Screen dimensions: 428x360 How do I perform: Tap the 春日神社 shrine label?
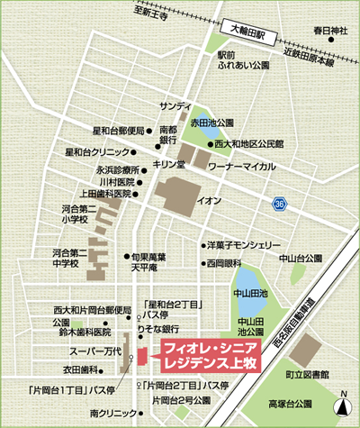pyautogui.click(x=330, y=31)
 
